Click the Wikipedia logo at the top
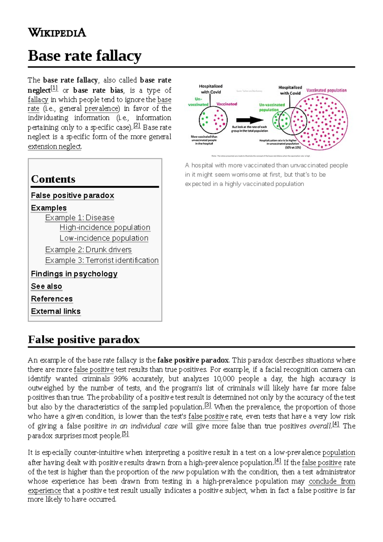coord(57,33)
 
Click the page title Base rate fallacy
coord(85,56)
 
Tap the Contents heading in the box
coord(53,179)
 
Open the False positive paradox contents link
coord(72,195)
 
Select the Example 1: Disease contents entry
coord(80,218)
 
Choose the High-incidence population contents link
coord(105,228)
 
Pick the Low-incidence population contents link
coord(104,238)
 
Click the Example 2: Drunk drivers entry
coord(88,250)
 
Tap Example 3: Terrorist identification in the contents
coord(102,260)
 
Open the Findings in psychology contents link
coord(74,274)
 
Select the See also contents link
coord(47,286)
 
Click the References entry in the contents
coord(52,299)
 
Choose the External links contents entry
coord(56,311)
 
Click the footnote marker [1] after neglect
coord(54,88)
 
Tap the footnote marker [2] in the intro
coord(137,125)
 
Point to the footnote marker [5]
coord(125,434)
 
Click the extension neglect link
coord(55,147)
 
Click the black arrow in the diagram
coord(250,120)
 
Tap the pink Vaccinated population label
coord(326,90)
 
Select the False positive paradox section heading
coord(84,340)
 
